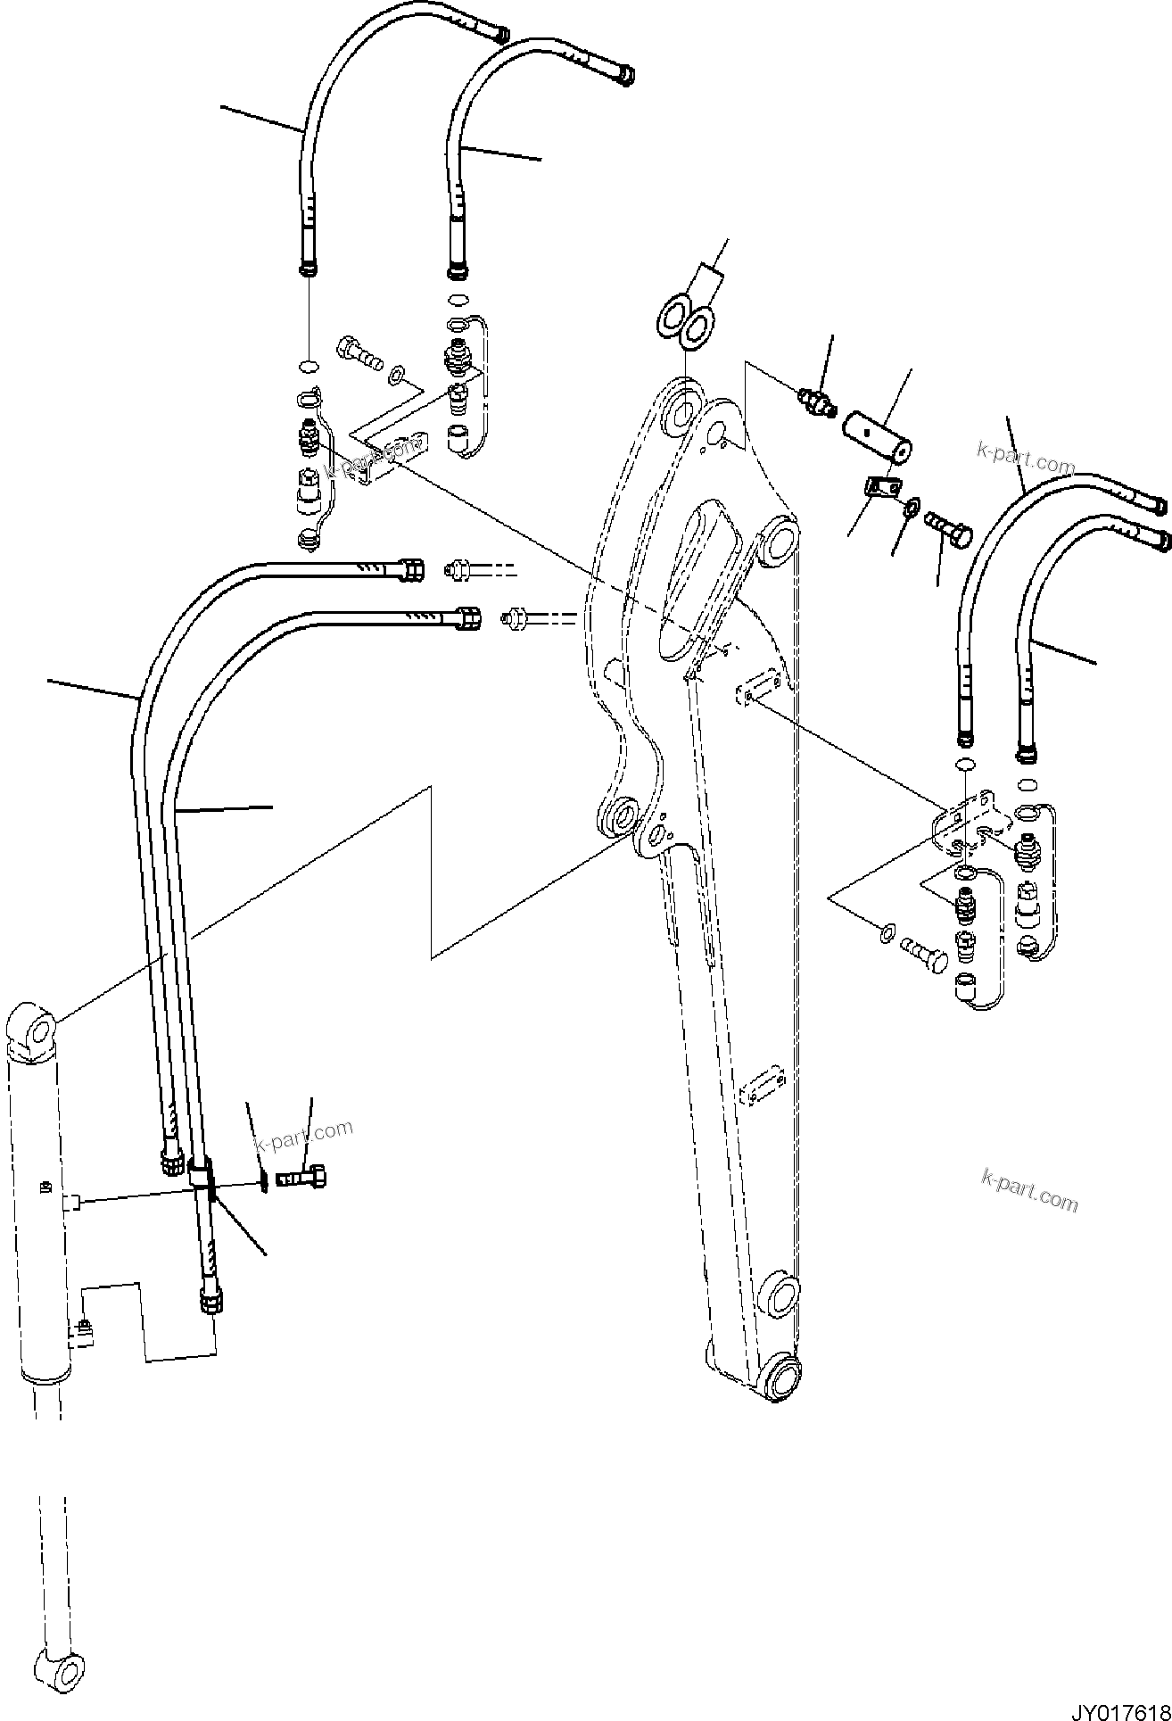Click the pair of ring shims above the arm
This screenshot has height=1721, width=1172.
[x=686, y=321]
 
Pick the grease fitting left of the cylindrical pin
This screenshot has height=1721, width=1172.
[x=817, y=401]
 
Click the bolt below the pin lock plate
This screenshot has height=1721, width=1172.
[x=950, y=533]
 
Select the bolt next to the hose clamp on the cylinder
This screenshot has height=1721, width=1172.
[x=304, y=1179]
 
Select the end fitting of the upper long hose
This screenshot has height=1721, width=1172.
[x=411, y=568]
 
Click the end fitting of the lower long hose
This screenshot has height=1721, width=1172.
[x=467, y=616]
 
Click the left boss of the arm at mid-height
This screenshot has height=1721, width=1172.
[x=618, y=815]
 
